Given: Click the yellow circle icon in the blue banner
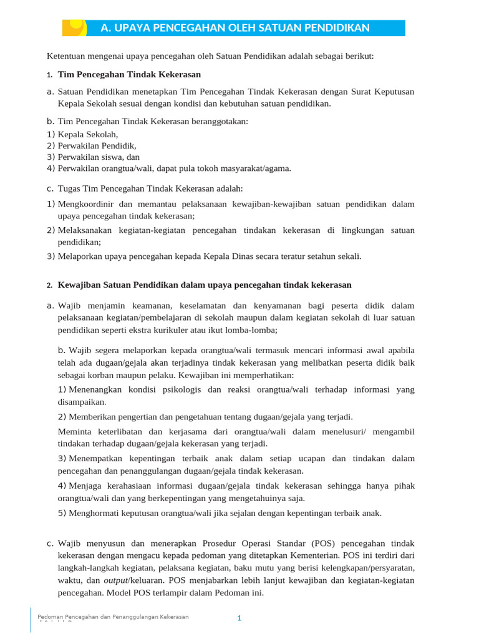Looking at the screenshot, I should point(76,26).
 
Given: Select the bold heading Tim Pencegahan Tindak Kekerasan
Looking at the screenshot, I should point(129,74).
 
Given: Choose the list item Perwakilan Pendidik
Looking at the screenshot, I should point(97,145).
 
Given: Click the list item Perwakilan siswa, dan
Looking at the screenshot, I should point(99,157).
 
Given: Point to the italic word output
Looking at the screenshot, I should point(116,580).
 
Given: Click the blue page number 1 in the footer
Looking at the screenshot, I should point(239,618).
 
